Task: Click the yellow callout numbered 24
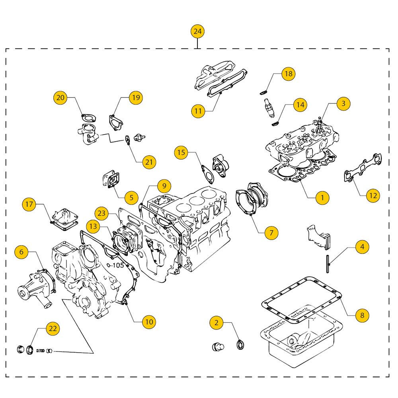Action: click(x=197, y=31)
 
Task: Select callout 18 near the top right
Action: click(x=288, y=74)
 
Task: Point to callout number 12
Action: click(x=373, y=195)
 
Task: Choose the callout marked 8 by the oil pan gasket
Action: click(x=362, y=316)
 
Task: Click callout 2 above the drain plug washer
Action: click(x=216, y=323)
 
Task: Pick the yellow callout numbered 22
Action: click(x=53, y=328)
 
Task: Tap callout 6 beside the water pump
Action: click(x=21, y=252)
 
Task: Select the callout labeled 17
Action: click(x=29, y=205)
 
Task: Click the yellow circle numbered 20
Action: click(x=60, y=98)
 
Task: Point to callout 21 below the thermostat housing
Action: click(x=149, y=162)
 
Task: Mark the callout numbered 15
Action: click(x=181, y=152)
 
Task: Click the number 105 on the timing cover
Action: click(x=118, y=265)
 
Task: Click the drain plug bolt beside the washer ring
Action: click(x=217, y=346)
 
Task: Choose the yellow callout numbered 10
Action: click(x=148, y=321)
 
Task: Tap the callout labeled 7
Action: click(x=271, y=232)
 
